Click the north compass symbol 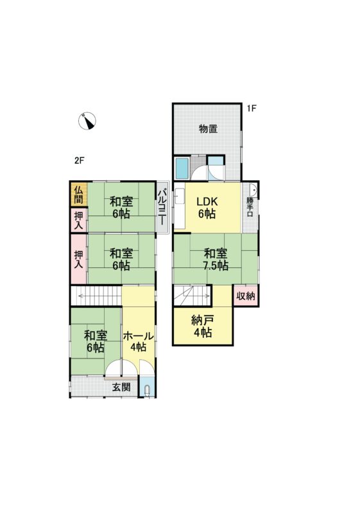click(87, 121)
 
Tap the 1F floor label click(251, 108)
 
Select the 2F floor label click(80, 160)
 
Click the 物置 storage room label click(209, 129)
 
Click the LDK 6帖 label click(207, 208)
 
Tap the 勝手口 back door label click(250, 206)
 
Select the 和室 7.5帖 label click(216, 259)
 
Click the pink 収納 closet click(246, 296)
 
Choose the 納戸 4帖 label click(203, 326)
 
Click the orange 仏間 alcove click(79, 194)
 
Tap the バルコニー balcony click(162, 206)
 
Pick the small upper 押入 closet click(79, 220)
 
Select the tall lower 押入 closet click(79, 259)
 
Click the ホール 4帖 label click(138, 341)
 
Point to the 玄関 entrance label click(121, 387)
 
